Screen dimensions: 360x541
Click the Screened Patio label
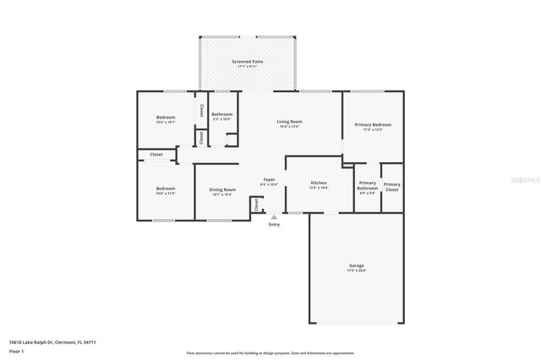(248, 63)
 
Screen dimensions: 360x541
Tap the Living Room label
(290, 122)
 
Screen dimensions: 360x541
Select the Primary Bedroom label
(373, 124)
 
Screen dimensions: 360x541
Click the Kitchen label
(319, 183)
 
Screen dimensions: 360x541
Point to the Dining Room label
(222, 189)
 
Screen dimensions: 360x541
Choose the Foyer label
(269, 180)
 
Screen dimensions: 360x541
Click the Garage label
(357, 266)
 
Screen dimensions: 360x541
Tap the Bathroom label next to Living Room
(222, 114)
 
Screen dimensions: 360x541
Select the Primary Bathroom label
(368, 186)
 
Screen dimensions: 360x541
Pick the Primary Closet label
(392, 186)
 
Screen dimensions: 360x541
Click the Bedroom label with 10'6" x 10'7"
(165, 117)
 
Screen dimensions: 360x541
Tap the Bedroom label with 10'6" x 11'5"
(165, 188)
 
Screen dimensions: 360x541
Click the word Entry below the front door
(274, 224)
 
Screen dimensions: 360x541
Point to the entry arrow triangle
(273, 216)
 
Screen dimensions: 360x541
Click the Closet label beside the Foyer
(255, 204)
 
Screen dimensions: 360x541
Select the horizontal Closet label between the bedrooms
(156, 155)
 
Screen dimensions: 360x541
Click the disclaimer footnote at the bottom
(270, 352)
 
